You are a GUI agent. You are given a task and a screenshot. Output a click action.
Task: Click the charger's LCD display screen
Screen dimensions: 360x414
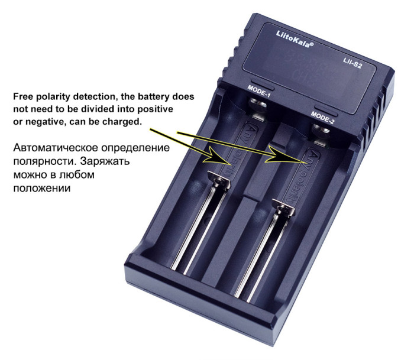click(308, 65)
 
